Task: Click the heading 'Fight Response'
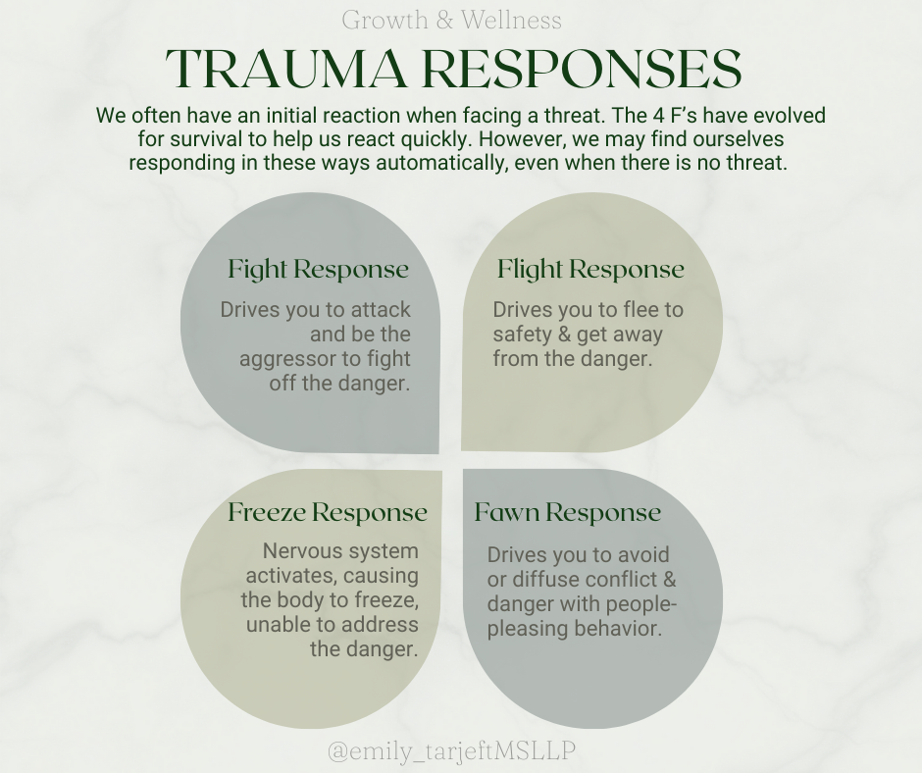tap(318, 269)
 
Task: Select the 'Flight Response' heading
tap(590, 269)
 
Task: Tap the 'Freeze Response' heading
tap(328, 512)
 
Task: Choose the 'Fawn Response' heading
tap(568, 512)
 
